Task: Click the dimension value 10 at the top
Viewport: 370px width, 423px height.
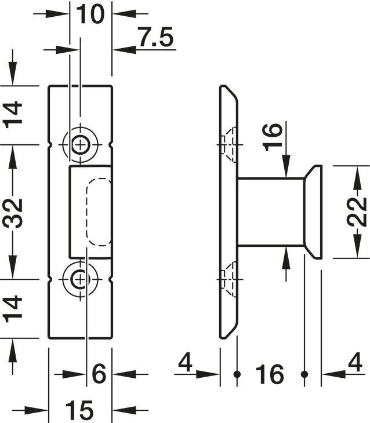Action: [x=90, y=13]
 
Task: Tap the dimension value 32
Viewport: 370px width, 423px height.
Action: [x=13, y=212]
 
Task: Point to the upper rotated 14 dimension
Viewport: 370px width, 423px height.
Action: [x=13, y=114]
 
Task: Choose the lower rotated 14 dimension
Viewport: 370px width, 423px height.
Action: [x=13, y=308]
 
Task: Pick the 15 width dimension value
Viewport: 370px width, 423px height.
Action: [x=79, y=411]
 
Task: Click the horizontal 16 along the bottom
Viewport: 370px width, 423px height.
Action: [x=270, y=375]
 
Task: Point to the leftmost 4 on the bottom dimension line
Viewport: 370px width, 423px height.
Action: [x=185, y=363]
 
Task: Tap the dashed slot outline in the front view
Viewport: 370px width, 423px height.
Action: [x=99, y=211]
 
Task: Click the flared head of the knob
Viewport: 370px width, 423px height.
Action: [x=313, y=211]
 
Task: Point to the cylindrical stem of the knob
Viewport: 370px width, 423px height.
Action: [x=271, y=211]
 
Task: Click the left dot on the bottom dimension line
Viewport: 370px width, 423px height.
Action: [x=237, y=374]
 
